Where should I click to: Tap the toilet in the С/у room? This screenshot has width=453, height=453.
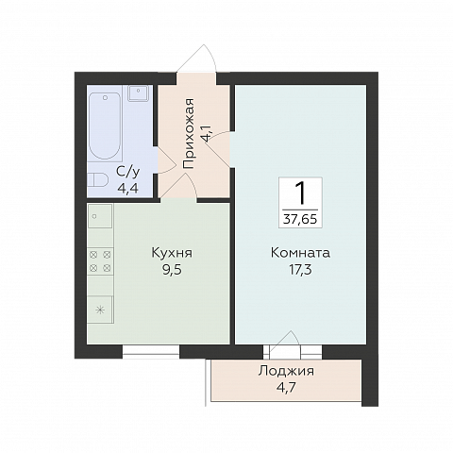pyautogui.click(x=97, y=180)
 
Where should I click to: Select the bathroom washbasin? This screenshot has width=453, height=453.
pyautogui.click(x=138, y=92)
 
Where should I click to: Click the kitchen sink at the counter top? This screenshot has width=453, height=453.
pyautogui.click(x=100, y=216)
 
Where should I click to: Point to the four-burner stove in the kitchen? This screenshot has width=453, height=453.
pyautogui.click(x=100, y=261)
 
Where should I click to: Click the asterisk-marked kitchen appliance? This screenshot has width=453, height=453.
pyautogui.click(x=100, y=310)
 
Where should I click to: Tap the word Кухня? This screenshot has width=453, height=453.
pyautogui.click(x=172, y=253)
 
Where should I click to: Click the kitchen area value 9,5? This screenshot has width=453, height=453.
pyautogui.click(x=172, y=270)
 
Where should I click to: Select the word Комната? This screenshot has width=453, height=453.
pyautogui.click(x=300, y=253)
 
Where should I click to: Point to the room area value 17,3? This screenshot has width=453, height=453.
pyautogui.click(x=300, y=270)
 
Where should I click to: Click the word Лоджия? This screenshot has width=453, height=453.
pyautogui.click(x=286, y=371)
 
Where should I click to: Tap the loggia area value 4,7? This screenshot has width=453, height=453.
pyautogui.click(x=286, y=388)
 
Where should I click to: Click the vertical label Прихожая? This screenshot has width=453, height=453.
pyautogui.click(x=188, y=134)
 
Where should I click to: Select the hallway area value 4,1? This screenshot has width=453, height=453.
pyautogui.click(x=210, y=132)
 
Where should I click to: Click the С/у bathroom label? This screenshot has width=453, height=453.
pyautogui.click(x=128, y=172)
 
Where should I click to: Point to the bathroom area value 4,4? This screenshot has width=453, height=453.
pyautogui.click(x=128, y=189)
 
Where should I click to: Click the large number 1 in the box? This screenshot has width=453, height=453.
pyautogui.click(x=300, y=193)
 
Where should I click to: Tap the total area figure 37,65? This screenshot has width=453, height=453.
pyautogui.click(x=300, y=219)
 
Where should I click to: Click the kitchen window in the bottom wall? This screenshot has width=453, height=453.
pyautogui.click(x=151, y=352)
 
